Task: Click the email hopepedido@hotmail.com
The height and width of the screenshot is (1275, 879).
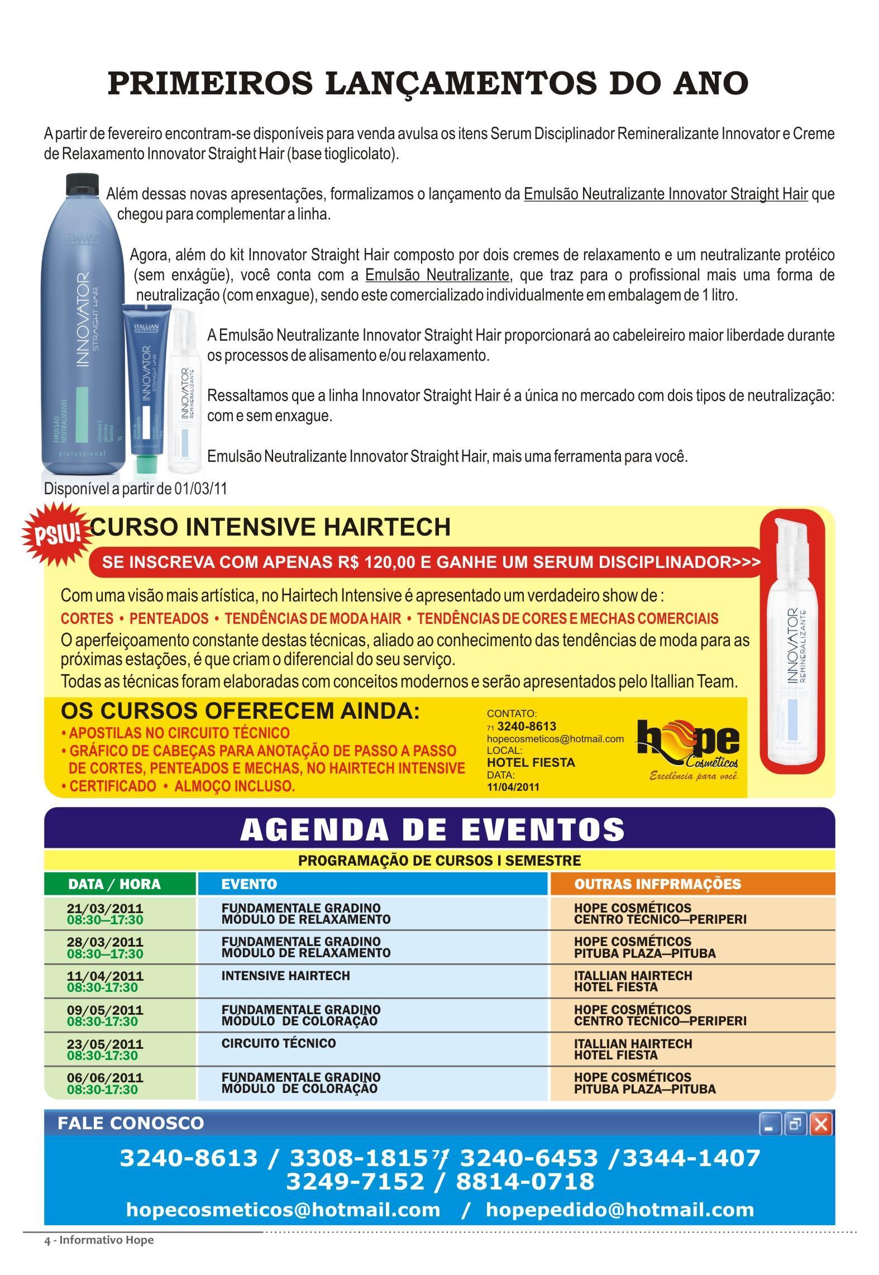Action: coord(619,1210)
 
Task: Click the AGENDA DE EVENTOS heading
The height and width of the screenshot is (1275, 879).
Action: coord(432,830)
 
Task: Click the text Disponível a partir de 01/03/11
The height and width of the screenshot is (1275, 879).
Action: coord(136,488)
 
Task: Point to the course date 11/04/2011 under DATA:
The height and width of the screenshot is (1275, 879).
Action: coord(513,787)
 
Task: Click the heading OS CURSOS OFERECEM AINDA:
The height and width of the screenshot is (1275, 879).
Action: coord(240,711)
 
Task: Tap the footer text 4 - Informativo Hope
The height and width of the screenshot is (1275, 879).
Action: coord(99,1240)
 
